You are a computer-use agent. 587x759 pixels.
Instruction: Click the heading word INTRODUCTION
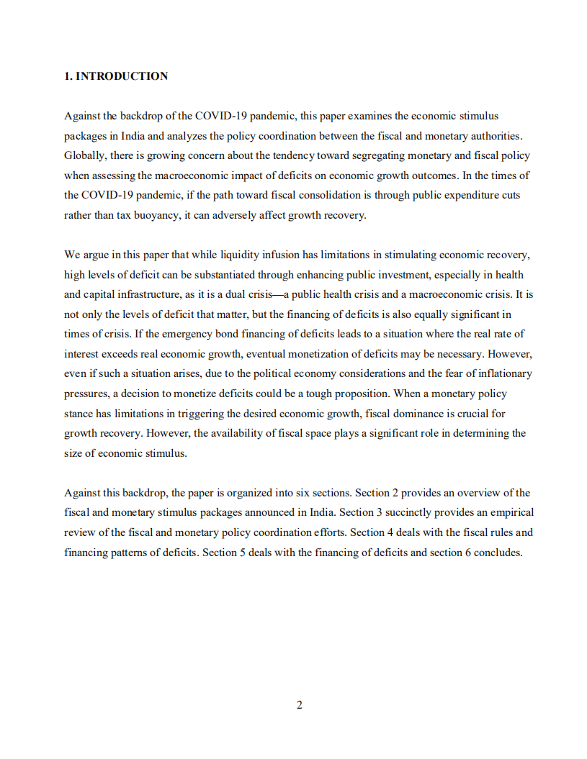pos(122,76)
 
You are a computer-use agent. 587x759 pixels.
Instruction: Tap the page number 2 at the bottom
pos(299,705)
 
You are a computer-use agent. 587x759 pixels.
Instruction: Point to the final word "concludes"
pos(496,553)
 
